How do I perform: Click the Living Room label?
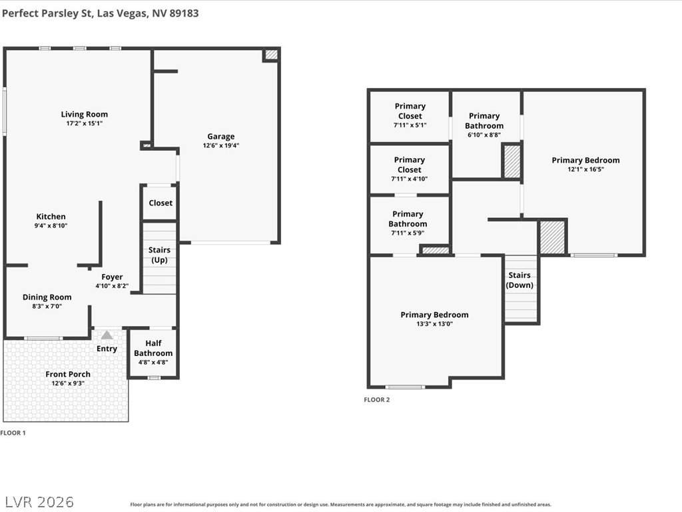coord(85,115)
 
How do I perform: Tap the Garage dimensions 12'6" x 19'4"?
coord(221,145)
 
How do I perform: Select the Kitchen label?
coord(51,217)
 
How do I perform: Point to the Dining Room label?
coord(47,297)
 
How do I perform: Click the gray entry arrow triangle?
coord(107,335)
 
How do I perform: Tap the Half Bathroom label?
coord(153,348)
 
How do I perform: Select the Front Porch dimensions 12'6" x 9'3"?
coord(68,383)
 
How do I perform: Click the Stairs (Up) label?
coord(159,255)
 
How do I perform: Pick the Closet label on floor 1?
coord(161,203)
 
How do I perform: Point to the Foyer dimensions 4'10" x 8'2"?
coord(112,286)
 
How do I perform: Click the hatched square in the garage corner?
coord(272,55)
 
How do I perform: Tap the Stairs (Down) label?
coord(519,281)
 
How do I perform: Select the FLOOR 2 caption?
coord(377,400)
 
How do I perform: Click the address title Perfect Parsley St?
coord(47,13)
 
